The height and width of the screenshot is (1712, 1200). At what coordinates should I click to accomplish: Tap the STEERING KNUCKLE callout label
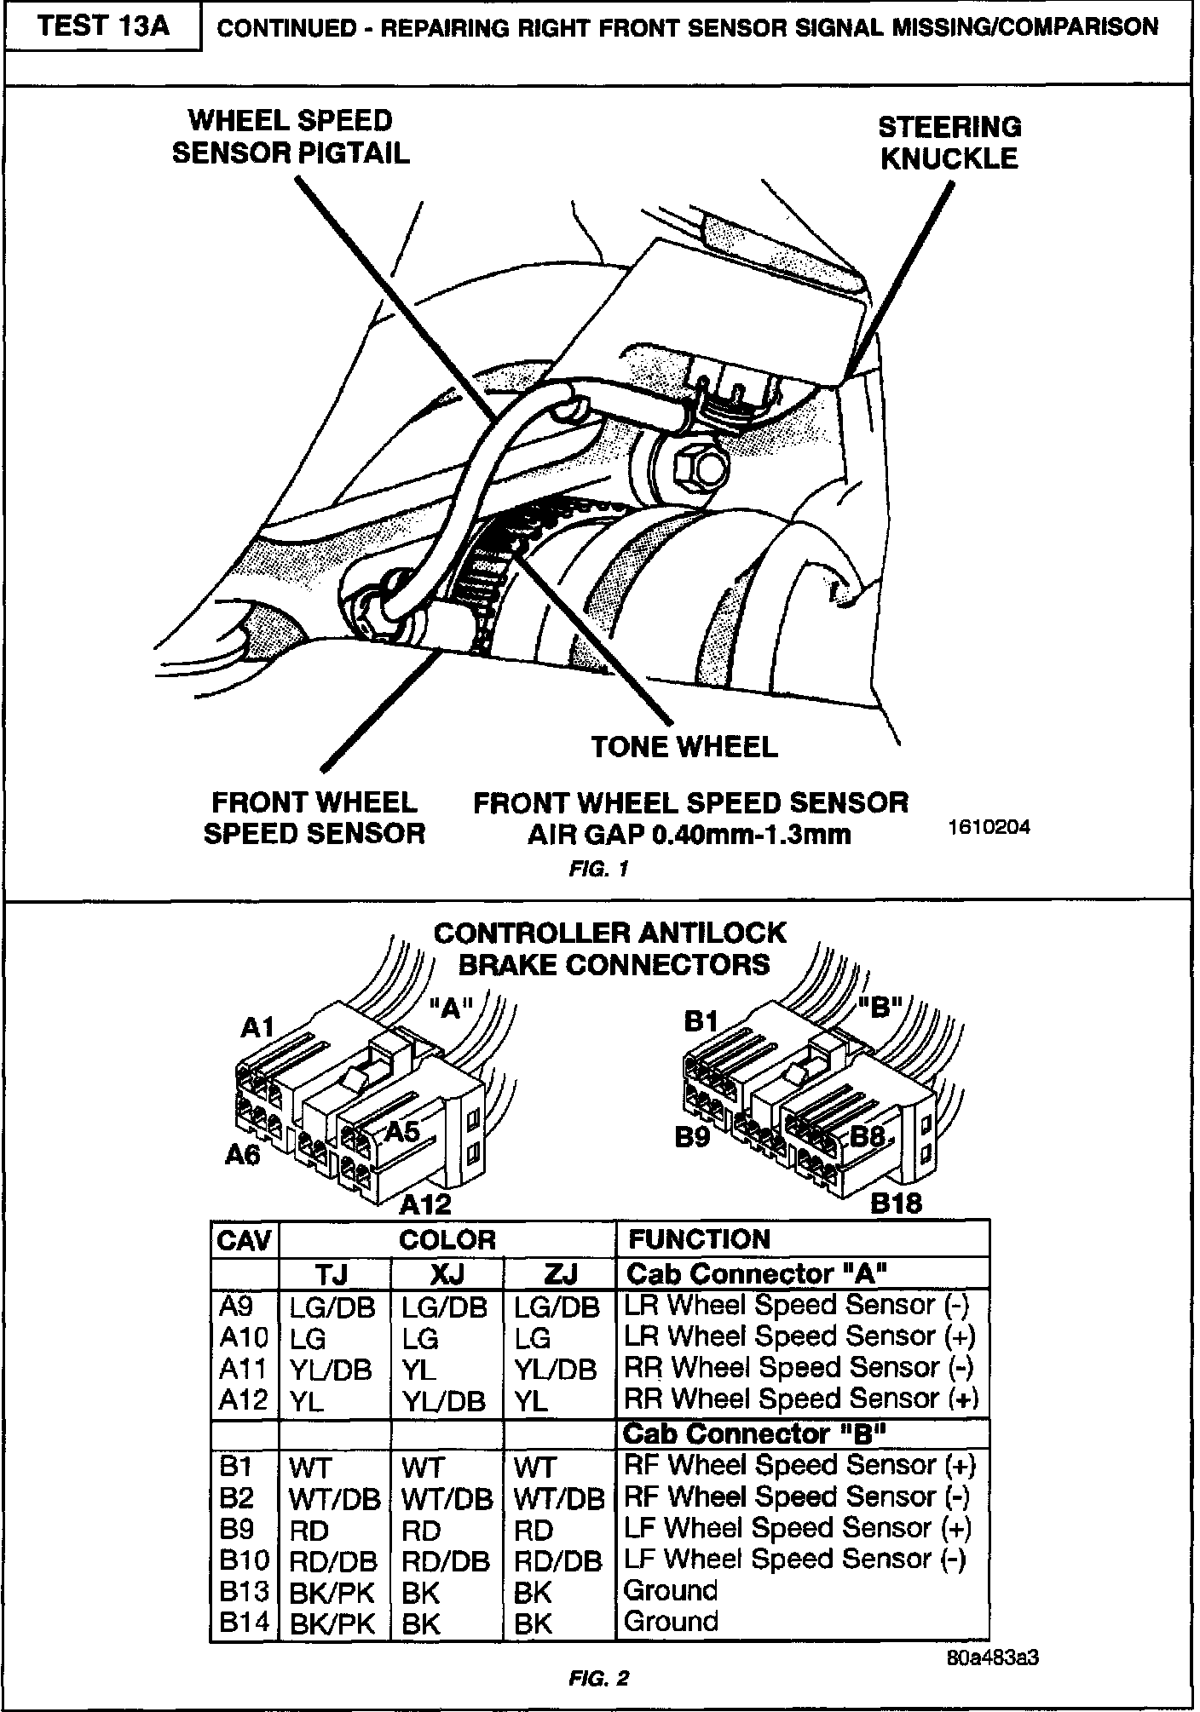pyautogui.click(x=949, y=143)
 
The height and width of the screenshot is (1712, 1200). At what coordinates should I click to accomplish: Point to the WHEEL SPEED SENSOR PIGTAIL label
pyautogui.click(x=291, y=136)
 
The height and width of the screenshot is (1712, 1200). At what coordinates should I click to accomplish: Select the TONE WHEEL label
pyautogui.click(x=684, y=747)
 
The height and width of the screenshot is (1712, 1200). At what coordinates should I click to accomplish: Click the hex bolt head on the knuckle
pyautogui.click(x=700, y=468)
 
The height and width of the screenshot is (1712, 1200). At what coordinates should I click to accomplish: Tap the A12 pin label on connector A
pyautogui.click(x=424, y=1204)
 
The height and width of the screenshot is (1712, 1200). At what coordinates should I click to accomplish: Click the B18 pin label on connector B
pyautogui.click(x=896, y=1204)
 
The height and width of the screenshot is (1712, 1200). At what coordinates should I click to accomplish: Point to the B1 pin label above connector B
pyautogui.click(x=701, y=1021)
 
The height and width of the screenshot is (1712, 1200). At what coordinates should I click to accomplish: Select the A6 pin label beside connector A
pyautogui.click(x=243, y=1155)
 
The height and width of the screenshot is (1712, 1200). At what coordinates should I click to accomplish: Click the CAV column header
pyautogui.click(x=244, y=1240)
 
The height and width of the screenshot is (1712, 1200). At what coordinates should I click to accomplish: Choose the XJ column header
pyautogui.click(x=447, y=1274)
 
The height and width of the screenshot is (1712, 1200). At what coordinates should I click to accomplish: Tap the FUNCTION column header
pyautogui.click(x=698, y=1239)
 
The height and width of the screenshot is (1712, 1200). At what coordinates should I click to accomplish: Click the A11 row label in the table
pyautogui.click(x=244, y=1369)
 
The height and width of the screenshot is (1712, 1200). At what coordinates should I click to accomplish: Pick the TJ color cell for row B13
pyautogui.click(x=332, y=1592)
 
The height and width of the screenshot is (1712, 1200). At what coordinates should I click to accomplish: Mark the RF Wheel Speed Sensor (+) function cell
pyautogui.click(x=799, y=1465)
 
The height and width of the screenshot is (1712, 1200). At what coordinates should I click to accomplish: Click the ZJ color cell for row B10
pyautogui.click(x=558, y=1560)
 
